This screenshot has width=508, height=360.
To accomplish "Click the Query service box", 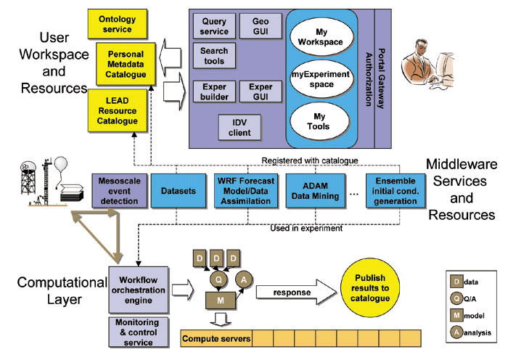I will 215,27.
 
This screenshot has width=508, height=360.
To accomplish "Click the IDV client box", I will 239,128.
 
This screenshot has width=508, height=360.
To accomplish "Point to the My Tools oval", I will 323,121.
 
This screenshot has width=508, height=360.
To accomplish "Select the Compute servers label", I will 216,338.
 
